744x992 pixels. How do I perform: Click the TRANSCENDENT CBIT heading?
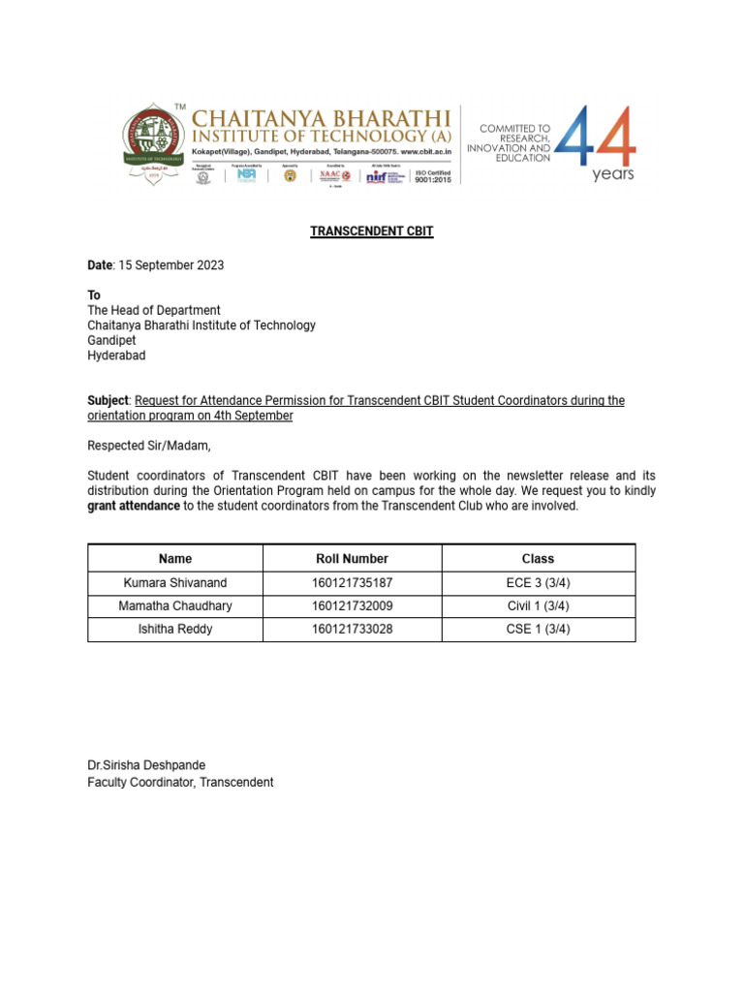[371, 232]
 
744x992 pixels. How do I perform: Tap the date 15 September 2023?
[170, 264]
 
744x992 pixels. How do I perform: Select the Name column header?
[174, 559]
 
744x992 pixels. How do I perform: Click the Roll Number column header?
[352, 559]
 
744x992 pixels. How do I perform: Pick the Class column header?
[538, 559]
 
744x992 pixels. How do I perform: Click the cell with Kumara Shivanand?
[174, 583]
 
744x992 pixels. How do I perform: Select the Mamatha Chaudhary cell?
[174, 606]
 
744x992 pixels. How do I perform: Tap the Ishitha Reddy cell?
[174, 630]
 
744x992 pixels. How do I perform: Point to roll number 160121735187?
[352, 583]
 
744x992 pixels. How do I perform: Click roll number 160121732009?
[352, 606]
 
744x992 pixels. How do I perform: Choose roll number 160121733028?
[352, 630]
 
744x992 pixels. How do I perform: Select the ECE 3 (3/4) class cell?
[538, 583]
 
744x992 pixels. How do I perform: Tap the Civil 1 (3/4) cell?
[538, 606]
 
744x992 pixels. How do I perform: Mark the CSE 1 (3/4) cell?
[538, 630]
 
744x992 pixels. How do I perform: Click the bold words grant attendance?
[133, 507]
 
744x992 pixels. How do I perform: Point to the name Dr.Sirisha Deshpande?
[146, 765]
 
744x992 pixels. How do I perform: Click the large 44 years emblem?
[598, 142]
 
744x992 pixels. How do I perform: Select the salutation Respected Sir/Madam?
[148, 446]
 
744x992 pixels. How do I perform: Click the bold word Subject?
[108, 401]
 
